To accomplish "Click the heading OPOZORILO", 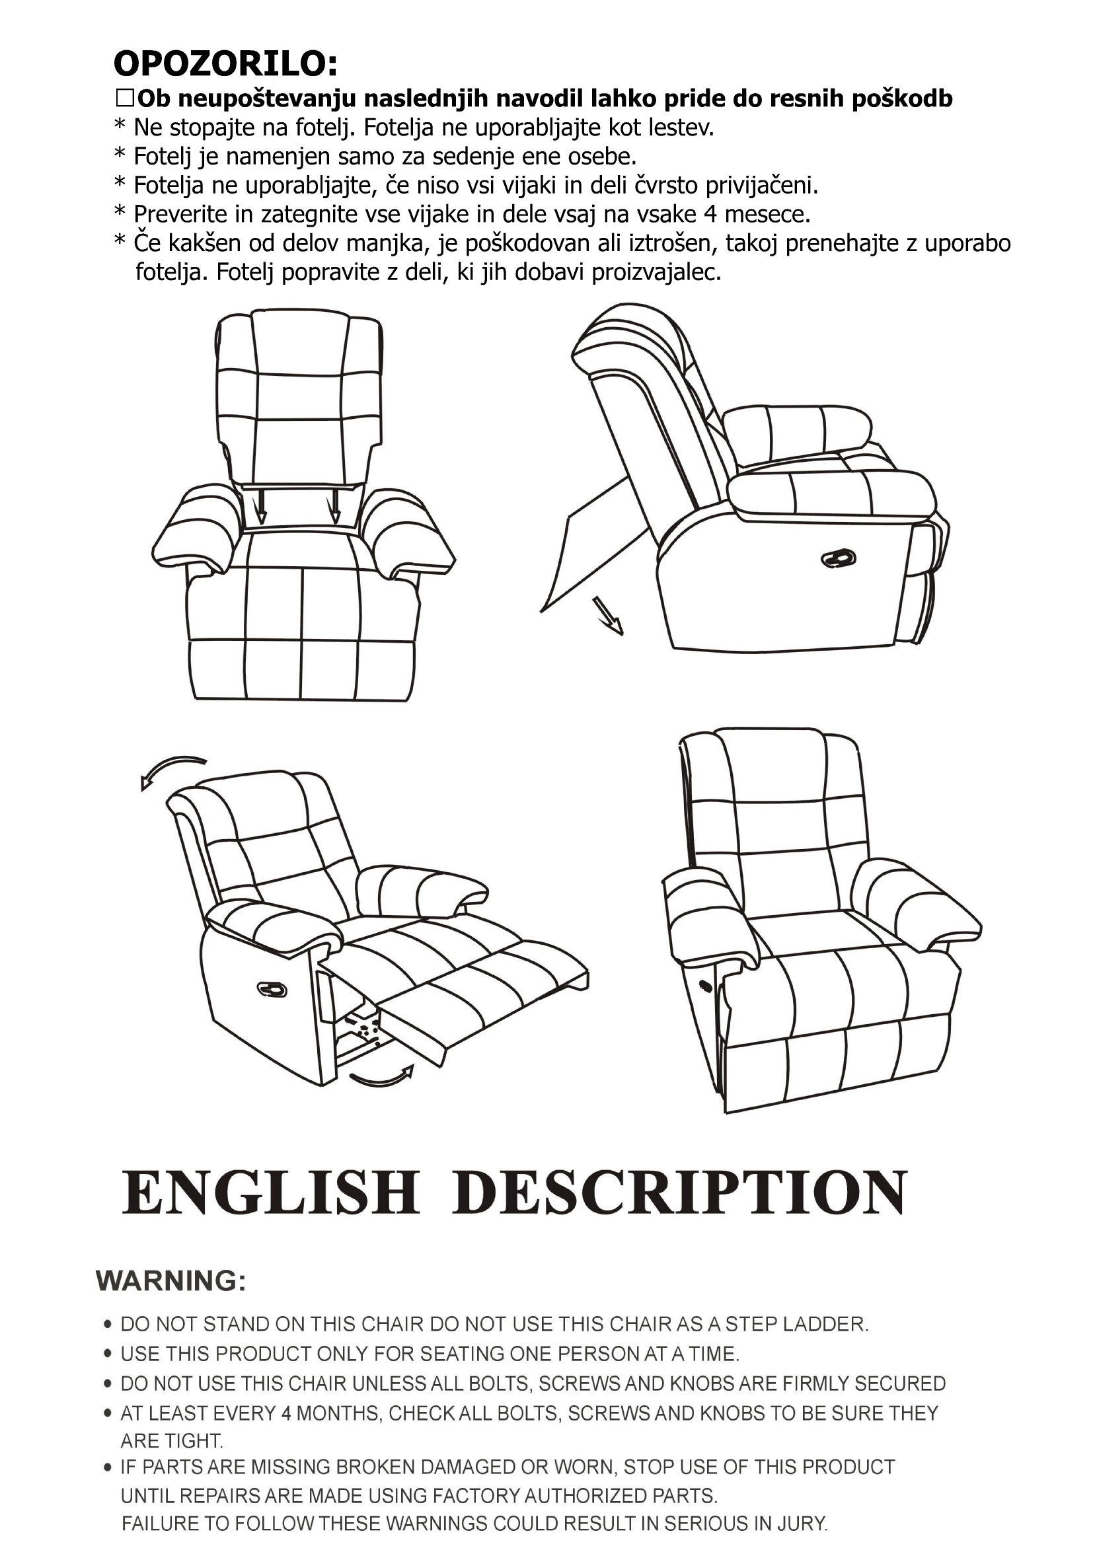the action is click(x=225, y=65).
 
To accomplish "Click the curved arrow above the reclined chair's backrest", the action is click(x=170, y=769).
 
